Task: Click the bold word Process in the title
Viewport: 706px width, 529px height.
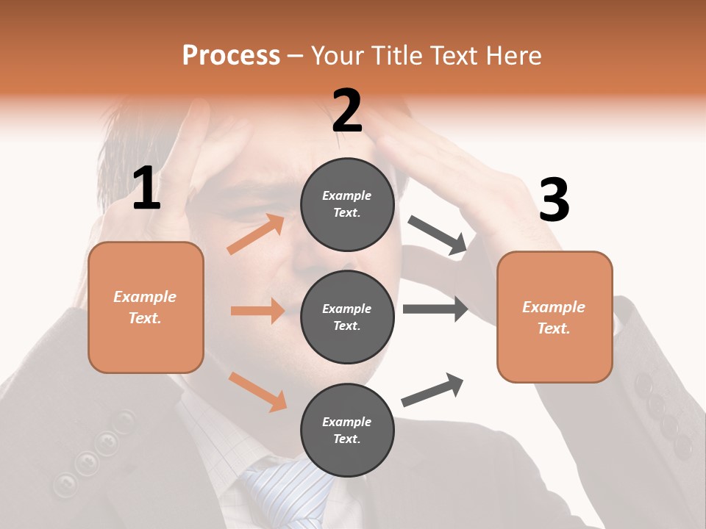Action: coord(231,55)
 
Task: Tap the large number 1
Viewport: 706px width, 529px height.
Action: coord(146,189)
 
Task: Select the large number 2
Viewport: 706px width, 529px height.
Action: coord(347,111)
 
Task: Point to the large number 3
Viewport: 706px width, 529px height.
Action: coord(554,201)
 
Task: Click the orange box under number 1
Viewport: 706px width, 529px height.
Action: coord(146,307)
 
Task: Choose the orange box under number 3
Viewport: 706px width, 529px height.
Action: coord(555,317)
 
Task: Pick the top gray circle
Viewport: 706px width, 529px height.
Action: coord(347,204)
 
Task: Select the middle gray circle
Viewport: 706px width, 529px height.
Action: coord(347,317)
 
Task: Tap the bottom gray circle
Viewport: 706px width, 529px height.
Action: coord(347,430)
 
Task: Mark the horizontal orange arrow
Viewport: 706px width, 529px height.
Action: coord(257,311)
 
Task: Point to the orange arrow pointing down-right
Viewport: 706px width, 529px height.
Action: coord(257,391)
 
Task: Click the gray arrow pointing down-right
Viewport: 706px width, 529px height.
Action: coord(437,236)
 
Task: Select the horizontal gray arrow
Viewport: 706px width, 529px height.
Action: coord(435,309)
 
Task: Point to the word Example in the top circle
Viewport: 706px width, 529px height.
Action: coord(346,195)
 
